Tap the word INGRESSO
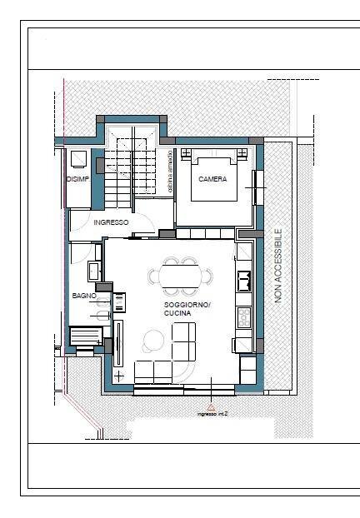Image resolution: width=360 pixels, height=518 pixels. [x=111, y=222]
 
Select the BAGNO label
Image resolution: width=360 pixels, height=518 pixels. [x=84, y=296]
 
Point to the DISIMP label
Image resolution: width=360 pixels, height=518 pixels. [x=77, y=179]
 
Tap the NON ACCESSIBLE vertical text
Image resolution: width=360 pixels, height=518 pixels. [x=278, y=265]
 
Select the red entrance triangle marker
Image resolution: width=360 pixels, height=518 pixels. [x=212, y=407]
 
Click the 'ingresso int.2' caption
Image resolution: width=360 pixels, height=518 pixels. [x=212, y=414]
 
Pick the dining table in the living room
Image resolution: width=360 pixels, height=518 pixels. [x=180, y=275]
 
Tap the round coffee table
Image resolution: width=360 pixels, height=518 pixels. [x=153, y=339]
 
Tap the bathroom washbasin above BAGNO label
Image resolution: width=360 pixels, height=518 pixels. [x=93, y=271]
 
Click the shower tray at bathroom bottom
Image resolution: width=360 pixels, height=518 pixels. [x=87, y=336]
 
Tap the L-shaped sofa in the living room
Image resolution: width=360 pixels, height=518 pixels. [x=175, y=358]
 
